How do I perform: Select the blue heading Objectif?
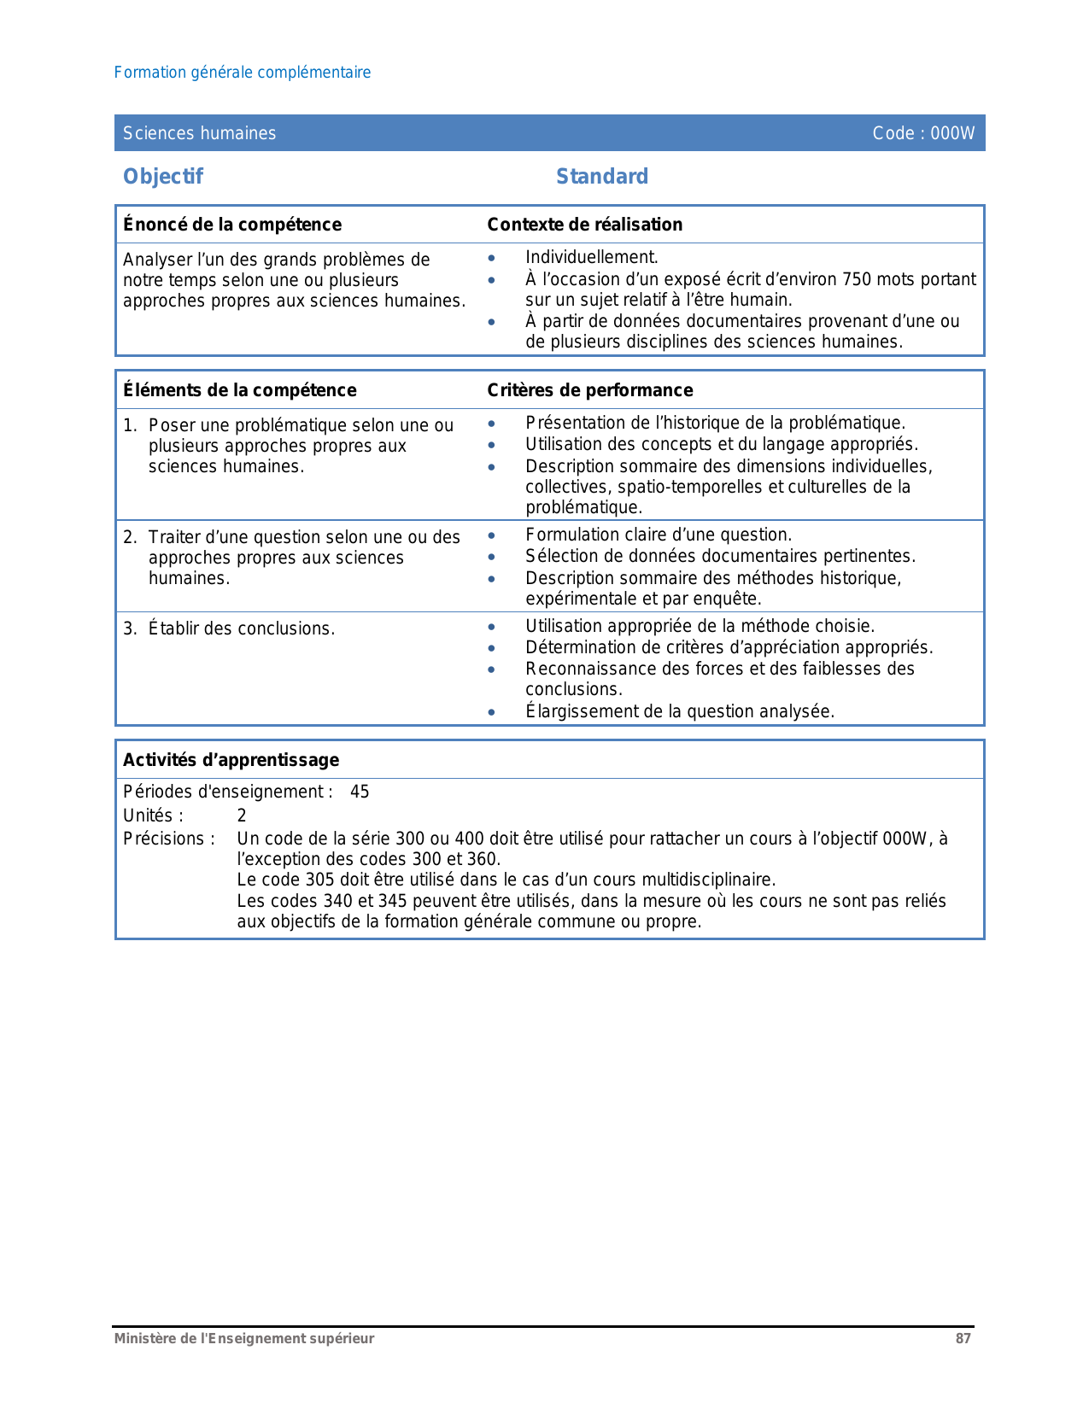pyautogui.click(x=163, y=177)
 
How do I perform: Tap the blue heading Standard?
pyautogui.click(x=602, y=177)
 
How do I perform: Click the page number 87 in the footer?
pyautogui.click(x=963, y=1339)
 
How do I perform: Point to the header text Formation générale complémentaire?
pyautogui.click(x=243, y=73)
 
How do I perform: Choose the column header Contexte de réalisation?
pyautogui.click(x=585, y=225)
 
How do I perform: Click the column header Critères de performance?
pyautogui.click(x=590, y=390)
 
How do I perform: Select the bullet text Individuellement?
pyautogui.click(x=592, y=257)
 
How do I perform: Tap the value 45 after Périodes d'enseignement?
pyautogui.click(x=360, y=792)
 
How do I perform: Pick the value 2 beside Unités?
pyautogui.click(x=242, y=816)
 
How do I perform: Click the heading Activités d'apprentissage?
pyautogui.click(x=231, y=760)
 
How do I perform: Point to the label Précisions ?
pyautogui.click(x=168, y=839)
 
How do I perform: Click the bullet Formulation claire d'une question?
pyautogui.click(x=659, y=535)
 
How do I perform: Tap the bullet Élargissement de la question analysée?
pyautogui.click(x=680, y=711)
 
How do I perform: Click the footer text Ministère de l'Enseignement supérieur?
pyautogui.click(x=244, y=1339)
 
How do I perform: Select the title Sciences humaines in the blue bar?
pyautogui.click(x=199, y=133)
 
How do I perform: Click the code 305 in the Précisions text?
pyautogui.click(x=319, y=880)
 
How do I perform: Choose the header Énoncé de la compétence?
pyautogui.click(x=232, y=225)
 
